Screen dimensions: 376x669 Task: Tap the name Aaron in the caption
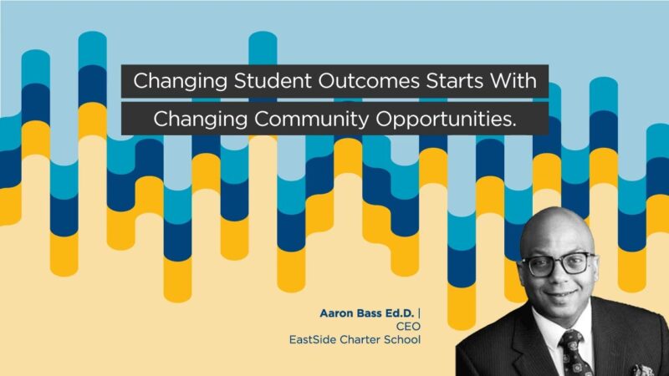point(337,313)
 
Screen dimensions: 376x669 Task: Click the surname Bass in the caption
point(375,313)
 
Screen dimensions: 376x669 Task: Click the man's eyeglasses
point(555,264)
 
